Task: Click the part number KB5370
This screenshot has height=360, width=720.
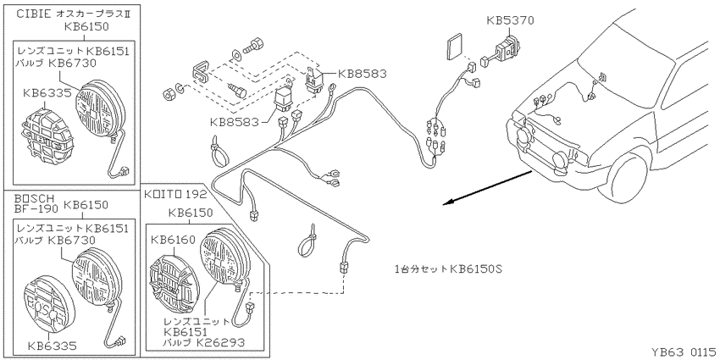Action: (x=511, y=20)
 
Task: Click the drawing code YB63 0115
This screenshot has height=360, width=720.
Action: (x=684, y=352)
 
